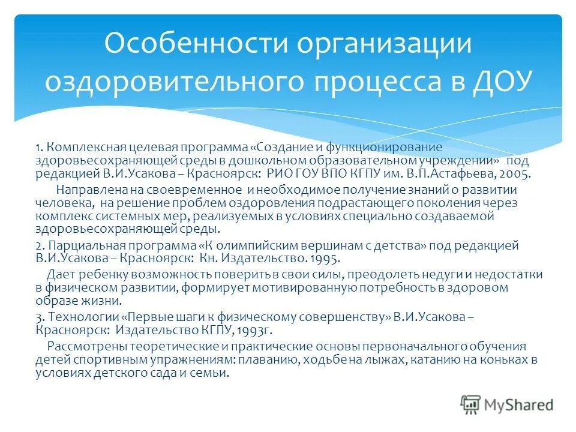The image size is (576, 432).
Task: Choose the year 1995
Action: coord(324,259)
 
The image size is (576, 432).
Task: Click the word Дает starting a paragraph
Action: coord(59,275)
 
